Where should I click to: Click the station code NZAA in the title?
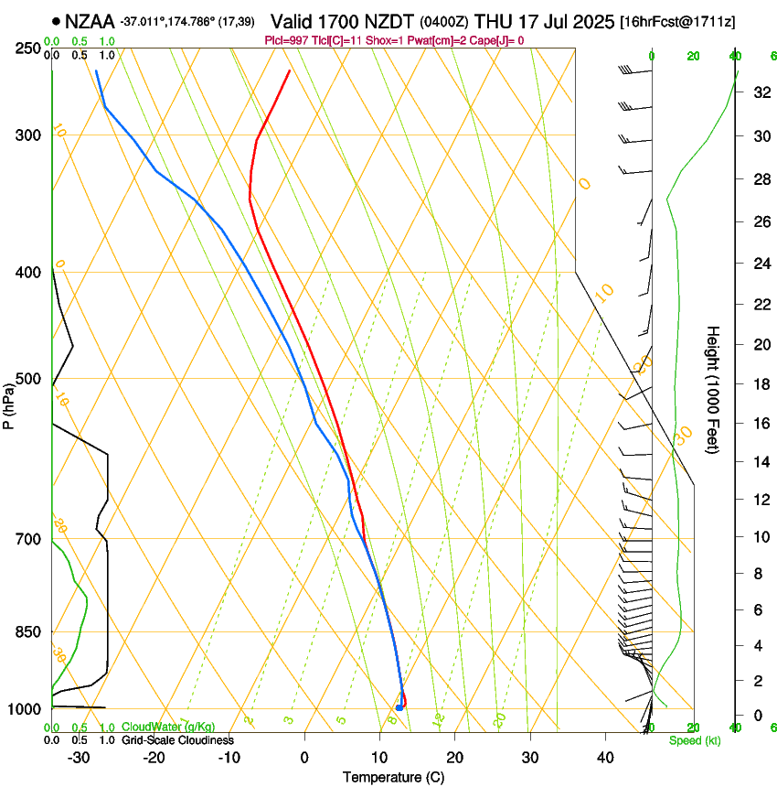90,20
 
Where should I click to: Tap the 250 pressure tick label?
27,48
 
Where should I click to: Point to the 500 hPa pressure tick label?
27,379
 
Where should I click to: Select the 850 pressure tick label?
27,631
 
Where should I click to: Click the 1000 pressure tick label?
25,709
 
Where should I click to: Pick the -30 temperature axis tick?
79,758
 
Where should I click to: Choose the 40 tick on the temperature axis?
604,758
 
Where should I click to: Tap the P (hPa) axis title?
8,403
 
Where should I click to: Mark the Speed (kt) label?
692,740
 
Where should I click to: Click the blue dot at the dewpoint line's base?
399,707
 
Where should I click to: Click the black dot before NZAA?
57,20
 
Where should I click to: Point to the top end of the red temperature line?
290,70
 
